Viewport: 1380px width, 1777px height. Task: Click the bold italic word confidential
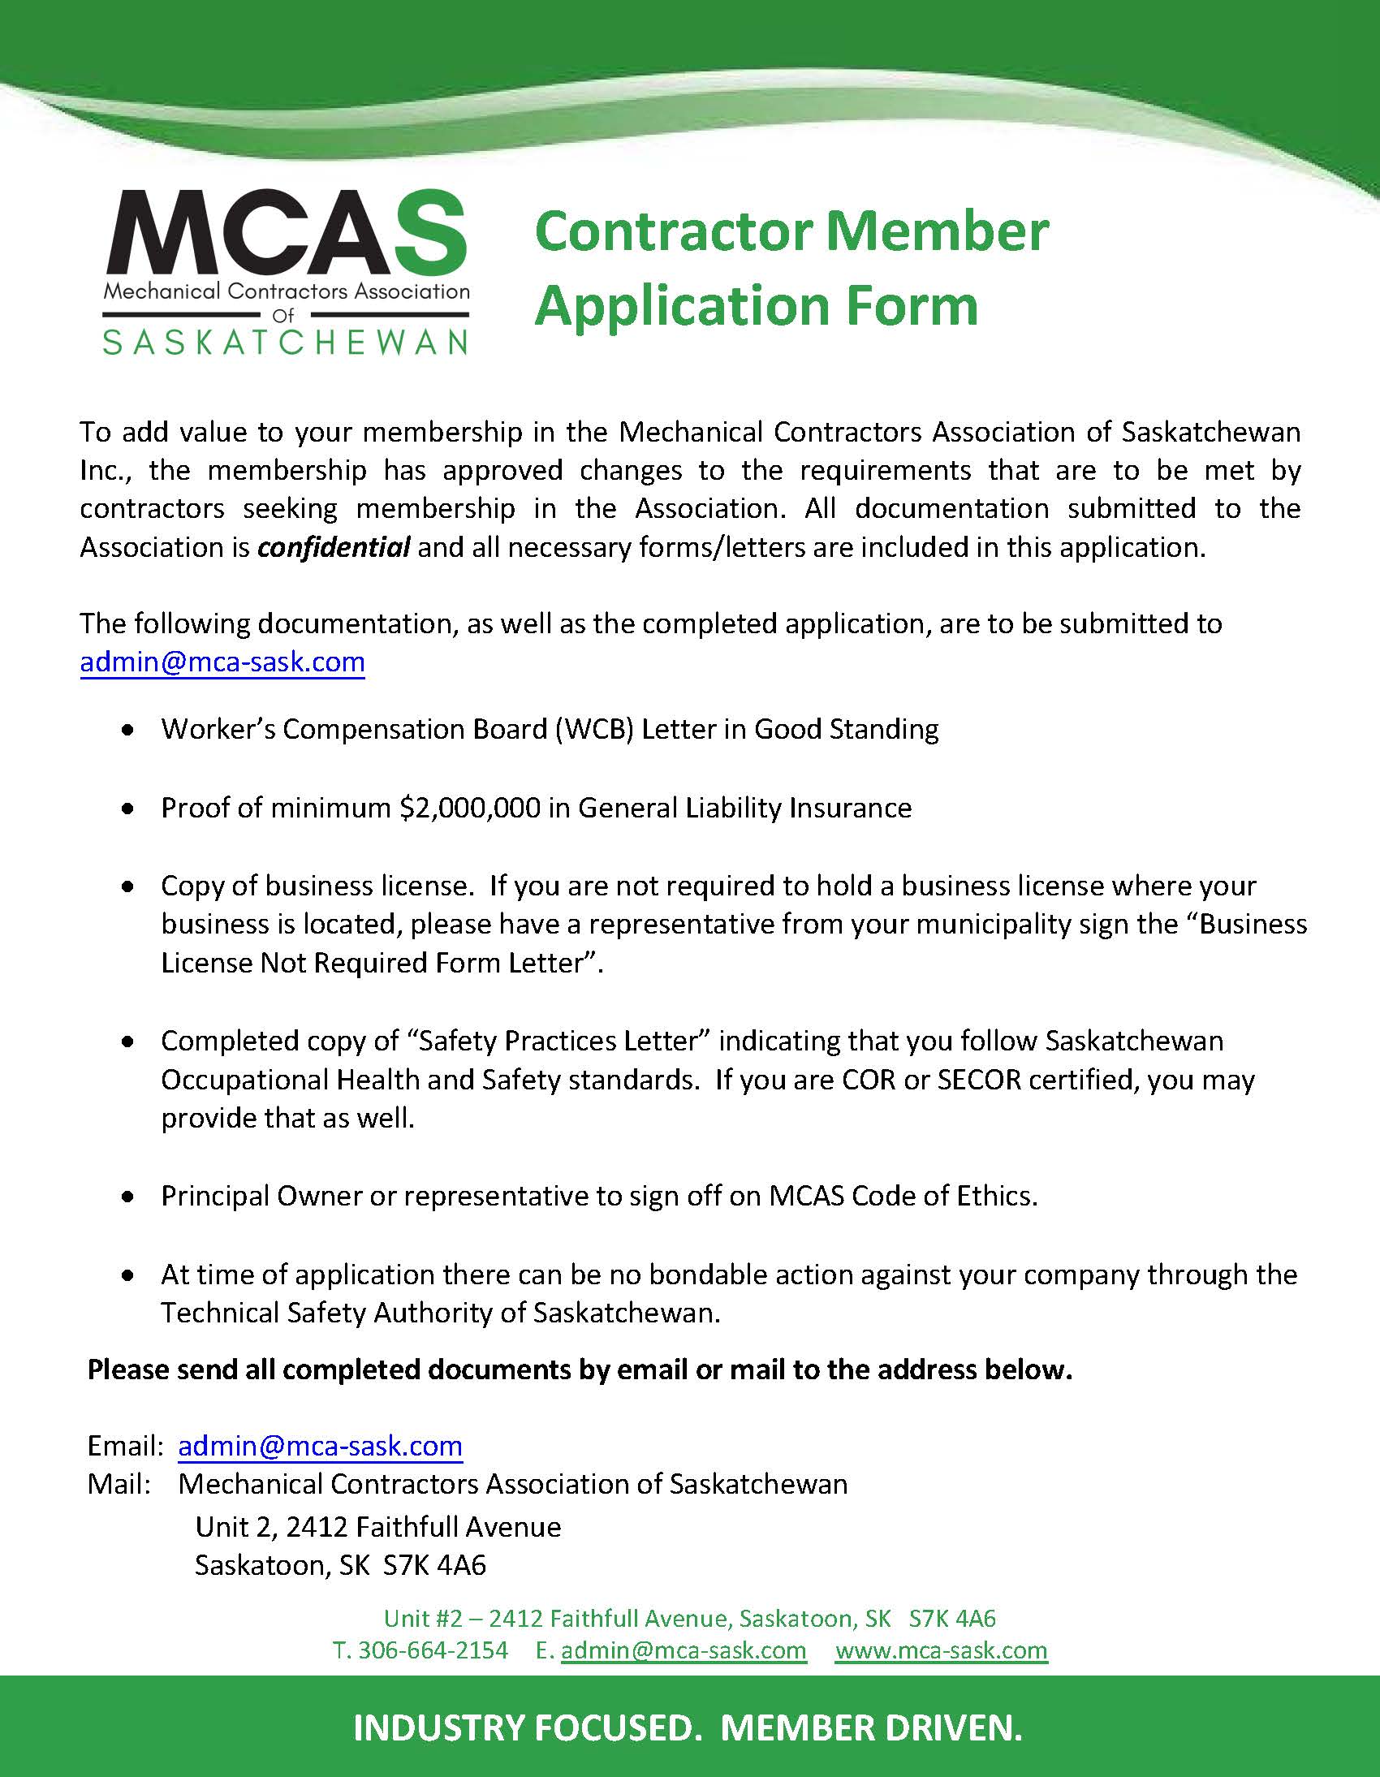pyautogui.click(x=334, y=548)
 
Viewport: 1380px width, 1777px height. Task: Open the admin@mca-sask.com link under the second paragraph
pyautogui.click(x=222, y=662)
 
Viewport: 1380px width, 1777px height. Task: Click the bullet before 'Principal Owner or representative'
pyautogui.click(x=127, y=1197)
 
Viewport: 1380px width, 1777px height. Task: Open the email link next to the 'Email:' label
pyautogui.click(x=320, y=1446)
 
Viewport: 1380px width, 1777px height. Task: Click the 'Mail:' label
pyautogui.click(x=119, y=1484)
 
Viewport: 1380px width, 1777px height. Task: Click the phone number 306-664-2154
pyautogui.click(x=432, y=1650)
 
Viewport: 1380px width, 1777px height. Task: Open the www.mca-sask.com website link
pyautogui.click(x=941, y=1650)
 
